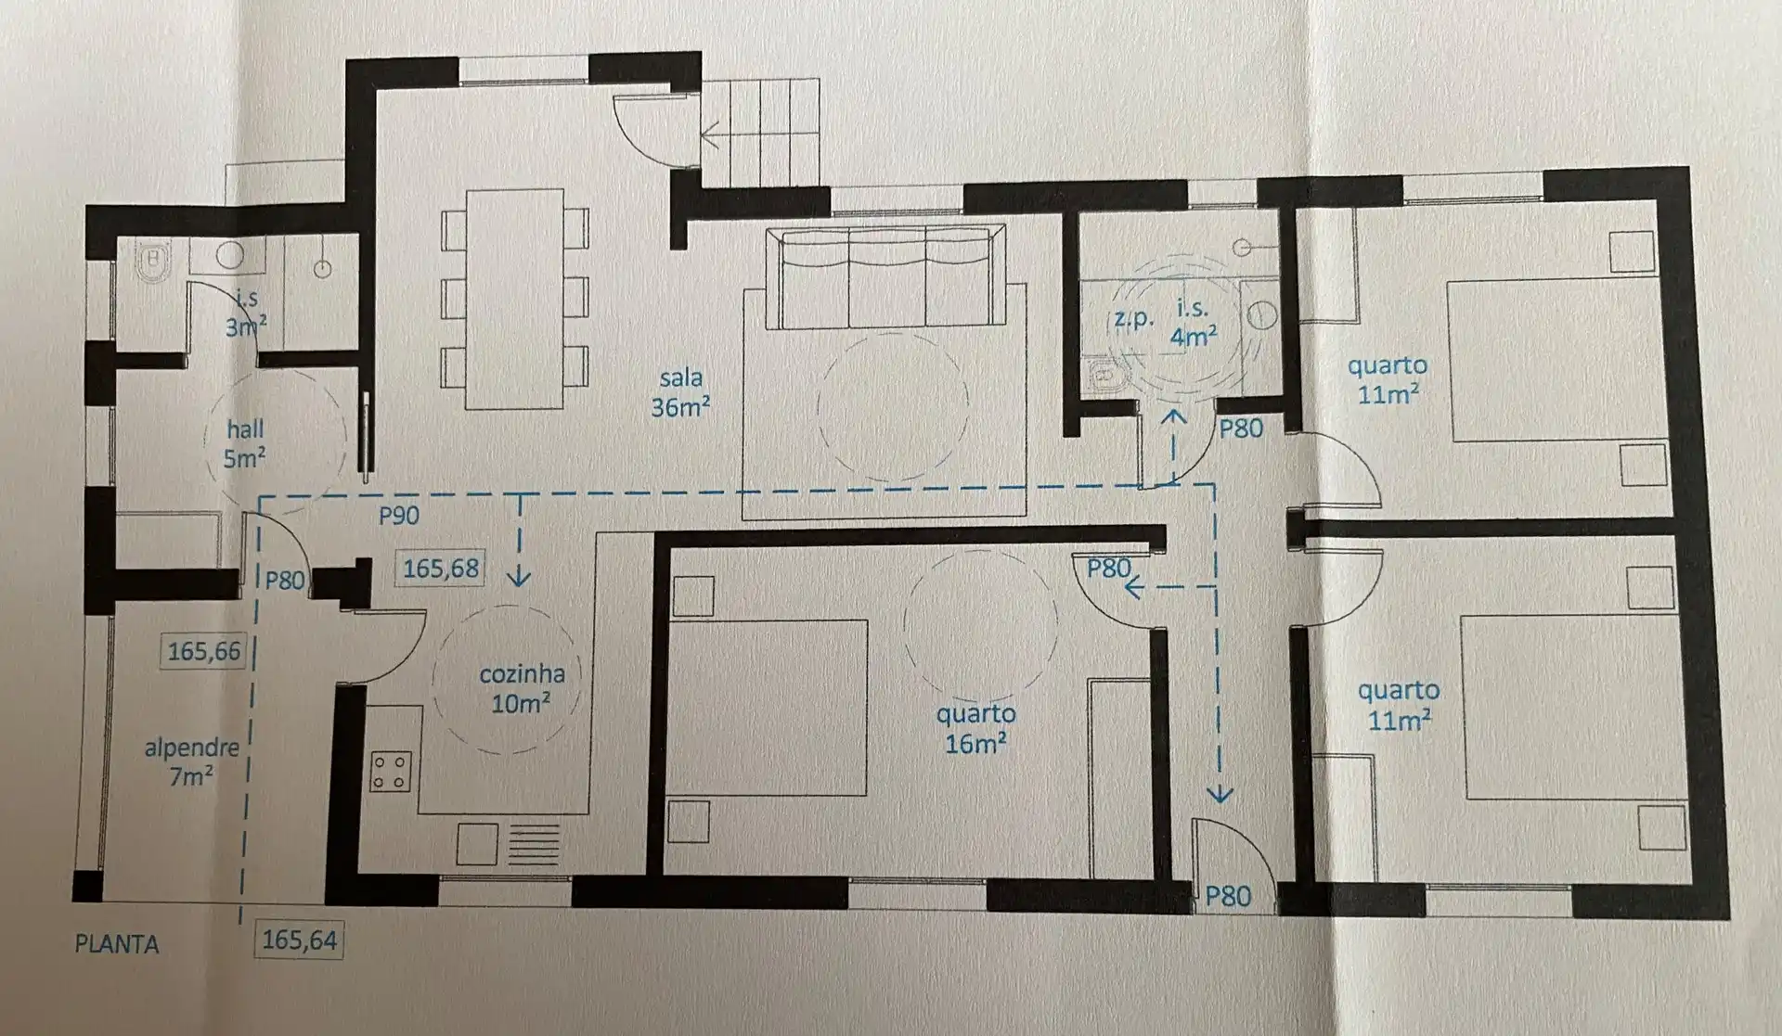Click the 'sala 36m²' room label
tap(680, 392)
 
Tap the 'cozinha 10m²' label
tap(522, 688)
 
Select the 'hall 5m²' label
tap(244, 443)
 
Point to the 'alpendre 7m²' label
tap(191, 761)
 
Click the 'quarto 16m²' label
tap(975, 728)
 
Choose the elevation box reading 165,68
tap(441, 568)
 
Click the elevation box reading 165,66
tap(204, 651)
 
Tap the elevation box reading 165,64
tap(299, 940)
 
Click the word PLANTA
tap(117, 944)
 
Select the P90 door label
tap(399, 516)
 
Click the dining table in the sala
tap(515, 299)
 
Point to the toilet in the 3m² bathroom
tap(153, 262)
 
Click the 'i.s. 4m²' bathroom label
tap(1194, 322)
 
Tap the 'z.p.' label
tap(1134, 318)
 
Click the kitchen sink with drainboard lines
tap(509, 844)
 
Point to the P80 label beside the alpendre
tap(285, 581)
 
